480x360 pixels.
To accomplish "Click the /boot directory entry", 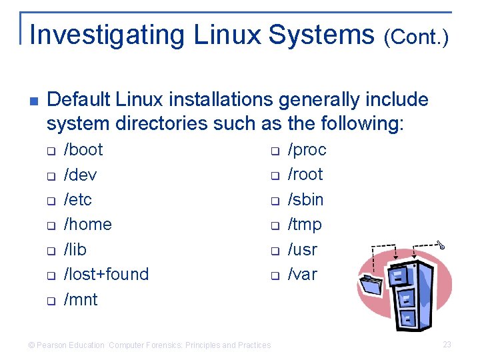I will coord(83,149).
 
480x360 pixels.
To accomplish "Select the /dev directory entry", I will coord(80,175).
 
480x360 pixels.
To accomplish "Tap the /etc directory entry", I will coord(78,199).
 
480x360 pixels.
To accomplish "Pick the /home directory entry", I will coord(87,224).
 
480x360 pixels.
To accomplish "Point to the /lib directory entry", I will coord(75,249).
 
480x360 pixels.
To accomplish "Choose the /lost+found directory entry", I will coord(106,274).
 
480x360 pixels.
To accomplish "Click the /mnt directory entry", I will coord(81,299).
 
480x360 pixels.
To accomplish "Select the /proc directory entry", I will coord(307,149).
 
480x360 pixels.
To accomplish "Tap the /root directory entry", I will coord(305,175).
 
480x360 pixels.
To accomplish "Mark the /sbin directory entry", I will coord(305,199).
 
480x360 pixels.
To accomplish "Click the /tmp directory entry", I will coord(304,224).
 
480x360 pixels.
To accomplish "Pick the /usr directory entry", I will coord(302,249).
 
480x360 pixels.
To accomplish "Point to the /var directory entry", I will coord(302,274).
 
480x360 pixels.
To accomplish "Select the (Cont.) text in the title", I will coord(416,37).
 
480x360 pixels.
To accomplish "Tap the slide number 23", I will coord(447,345).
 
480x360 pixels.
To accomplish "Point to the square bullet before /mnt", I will coord(50,301).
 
